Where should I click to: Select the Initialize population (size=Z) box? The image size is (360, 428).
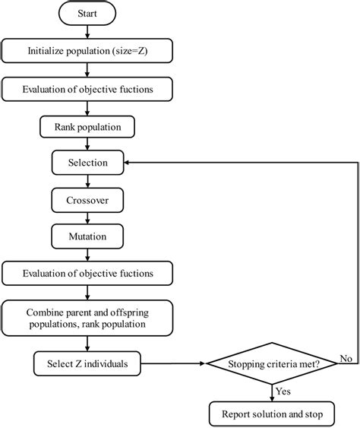pyautogui.click(x=89, y=52)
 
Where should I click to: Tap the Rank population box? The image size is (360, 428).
pyautogui.click(x=89, y=126)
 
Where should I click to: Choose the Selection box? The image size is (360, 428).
pyautogui.click(x=89, y=163)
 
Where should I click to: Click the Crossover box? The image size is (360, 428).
pyautogui.click(x=89, y=199)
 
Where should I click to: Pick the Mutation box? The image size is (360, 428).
pyautogui.click(x=89, y=236)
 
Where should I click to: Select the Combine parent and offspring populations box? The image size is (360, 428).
pyautogui.click(x=89, y=317)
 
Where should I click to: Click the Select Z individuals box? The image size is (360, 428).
pyautogui.click(x=89, y=363)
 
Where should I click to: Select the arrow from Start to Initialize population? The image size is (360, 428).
pyautogui.click(x=89, y=33)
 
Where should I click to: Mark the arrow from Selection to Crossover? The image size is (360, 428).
pyautogui.click(x=89, y=181)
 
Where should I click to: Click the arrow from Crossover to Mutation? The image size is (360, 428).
pyautogui.click(x=89, y=217)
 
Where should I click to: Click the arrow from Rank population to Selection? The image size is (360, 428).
pyautogui.click(x=89, y=144)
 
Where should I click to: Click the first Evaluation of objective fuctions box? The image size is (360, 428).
pyautogui.click(x=89, y=89)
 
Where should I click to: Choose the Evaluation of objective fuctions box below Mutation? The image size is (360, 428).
pyautogui.click(x=89, y=273)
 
